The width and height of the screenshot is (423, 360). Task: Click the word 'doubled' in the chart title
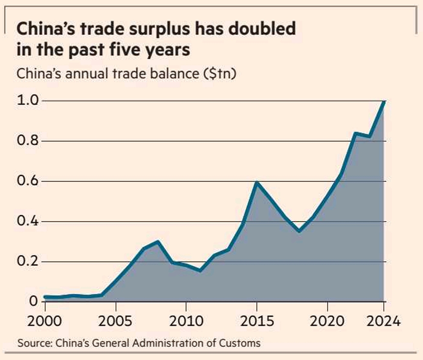click(259, 29)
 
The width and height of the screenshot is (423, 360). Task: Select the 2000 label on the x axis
click(45, 320)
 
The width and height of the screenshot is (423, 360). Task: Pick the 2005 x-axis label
click(116, 320)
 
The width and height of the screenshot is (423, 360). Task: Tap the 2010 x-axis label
click(186, 320)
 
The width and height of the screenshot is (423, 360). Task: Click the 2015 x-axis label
click(257, 320)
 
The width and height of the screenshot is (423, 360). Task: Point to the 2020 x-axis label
click(327, 320)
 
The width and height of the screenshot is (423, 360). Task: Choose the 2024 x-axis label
click(384, 320)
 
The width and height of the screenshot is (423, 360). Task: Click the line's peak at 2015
click(257, 182)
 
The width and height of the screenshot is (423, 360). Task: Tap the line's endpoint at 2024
click(384, 101)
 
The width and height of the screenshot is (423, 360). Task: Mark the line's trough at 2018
click(299, 231)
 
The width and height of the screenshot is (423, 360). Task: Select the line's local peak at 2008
click(158, 242)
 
